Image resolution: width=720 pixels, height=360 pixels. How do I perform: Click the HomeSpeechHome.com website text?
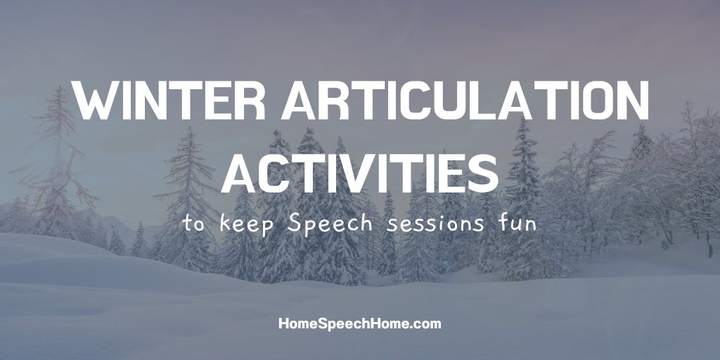[x=360, y=324]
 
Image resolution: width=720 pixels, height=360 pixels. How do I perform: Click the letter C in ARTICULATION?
[x=406, y=103]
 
